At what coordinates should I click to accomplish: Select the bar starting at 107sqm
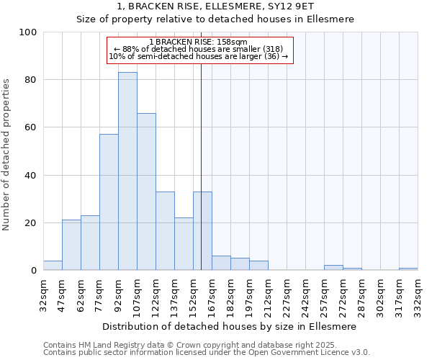146,192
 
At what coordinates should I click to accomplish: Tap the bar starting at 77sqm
109,202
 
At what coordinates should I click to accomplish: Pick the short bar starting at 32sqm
53,266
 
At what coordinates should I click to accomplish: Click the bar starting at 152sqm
202,231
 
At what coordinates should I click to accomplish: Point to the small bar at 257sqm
333,268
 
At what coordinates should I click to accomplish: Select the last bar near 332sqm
408,269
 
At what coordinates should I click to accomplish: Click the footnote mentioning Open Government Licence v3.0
207,353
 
